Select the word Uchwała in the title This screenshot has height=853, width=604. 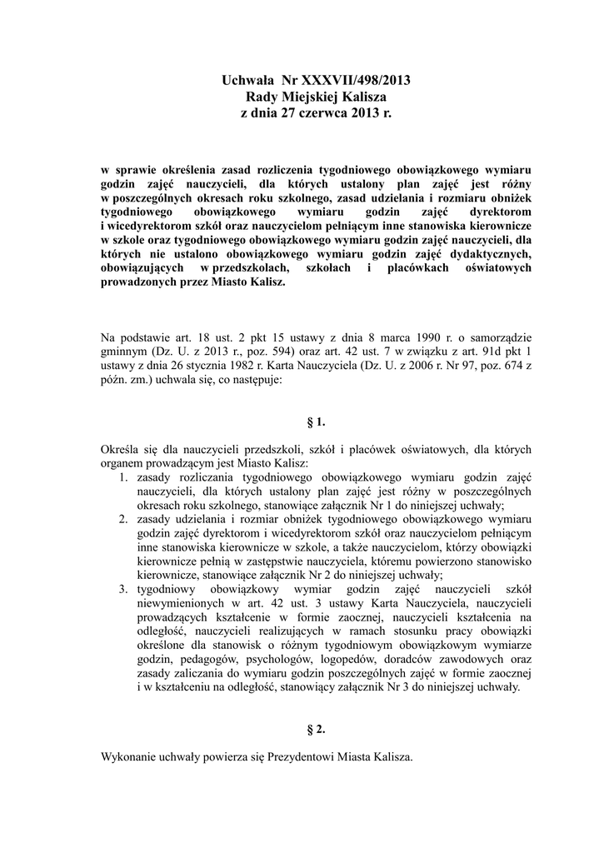[x=247, y=81]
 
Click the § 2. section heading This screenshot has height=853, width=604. [x=316, y=729]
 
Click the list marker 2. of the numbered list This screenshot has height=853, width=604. [x=122, y=518]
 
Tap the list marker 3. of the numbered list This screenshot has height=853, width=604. [x=122, y=588]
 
